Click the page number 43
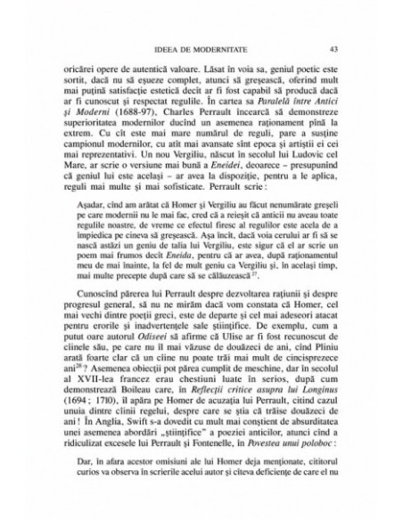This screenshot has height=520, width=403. pos(333,50)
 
